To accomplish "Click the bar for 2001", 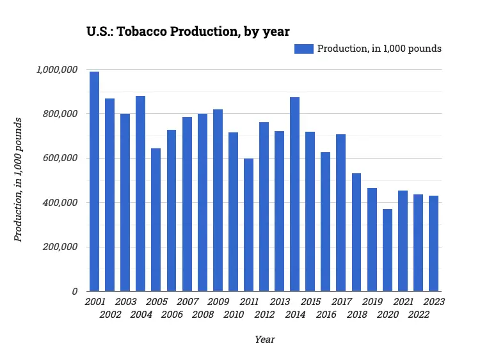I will (x=95, y=182).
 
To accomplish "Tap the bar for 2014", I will (x=295, y=194).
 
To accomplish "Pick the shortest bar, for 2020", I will (x=387, y=250).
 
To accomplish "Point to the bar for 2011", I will (x=248, y=226).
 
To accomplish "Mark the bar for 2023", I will (x=433, y=244).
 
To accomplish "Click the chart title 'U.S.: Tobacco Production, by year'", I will (x=188, y=31).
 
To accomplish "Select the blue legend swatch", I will (x=304, y=49).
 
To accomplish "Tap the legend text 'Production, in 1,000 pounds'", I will (x=380, y=49).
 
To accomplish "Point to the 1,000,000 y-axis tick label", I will (x=58, y=70).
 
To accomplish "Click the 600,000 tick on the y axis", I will (x=61, y=158).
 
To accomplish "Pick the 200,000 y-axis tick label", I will (x=61, y=247).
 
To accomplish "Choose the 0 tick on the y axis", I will (x=76, y=292).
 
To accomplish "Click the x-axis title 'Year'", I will (x=264, y=340).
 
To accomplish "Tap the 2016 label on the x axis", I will (x=326, y=315).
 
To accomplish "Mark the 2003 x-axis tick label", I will (x=125, y=302).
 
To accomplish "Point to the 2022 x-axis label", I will (x=418, y=315).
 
